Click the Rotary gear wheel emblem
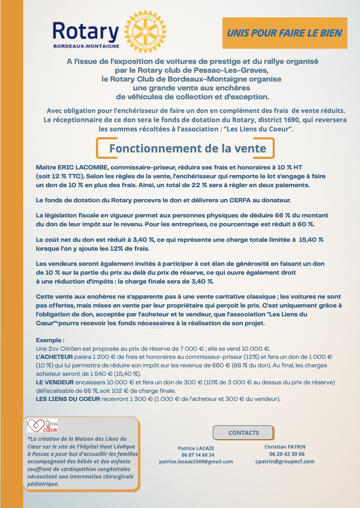click(145, 32)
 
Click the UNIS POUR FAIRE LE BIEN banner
click(285, 33)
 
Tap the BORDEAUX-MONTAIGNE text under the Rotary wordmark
click(86, 47)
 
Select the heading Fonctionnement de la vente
click(187, 148)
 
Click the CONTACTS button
click(243, 433)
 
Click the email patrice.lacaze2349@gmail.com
click(196, 461)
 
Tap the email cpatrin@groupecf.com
click(285, 461)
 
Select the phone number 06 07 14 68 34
click(198, 455)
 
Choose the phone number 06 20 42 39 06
click(287, 454)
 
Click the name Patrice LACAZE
click(196, 448)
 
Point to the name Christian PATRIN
click(285, 447)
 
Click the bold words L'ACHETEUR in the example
click(54, 357)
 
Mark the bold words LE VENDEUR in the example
click(55, 382)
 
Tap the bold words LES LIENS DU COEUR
click(68, 399)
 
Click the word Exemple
click(49, 340)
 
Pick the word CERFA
click(240, 200)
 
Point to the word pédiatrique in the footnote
click(43, 484)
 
